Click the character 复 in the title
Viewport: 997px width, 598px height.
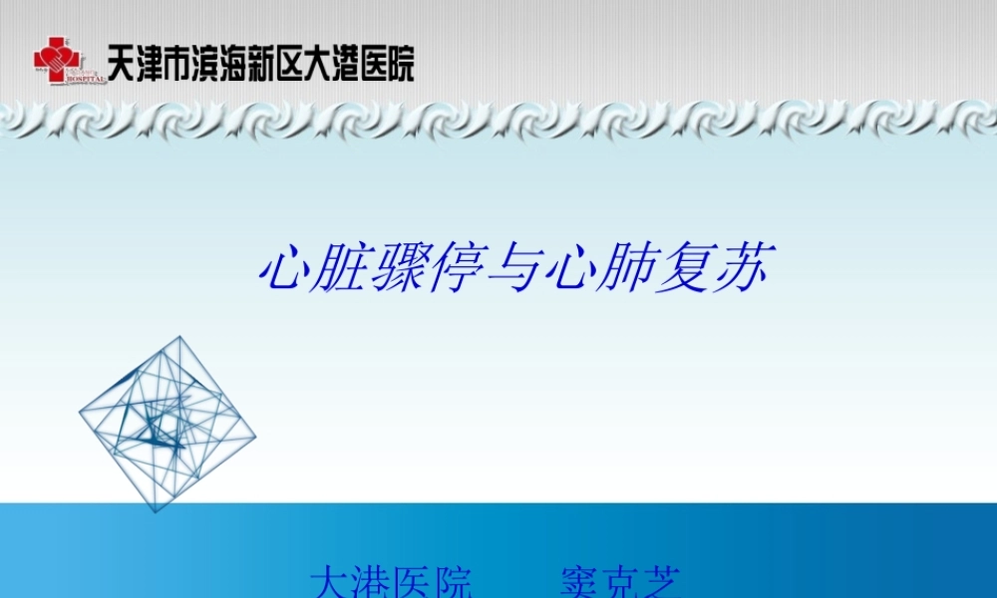(684, 268)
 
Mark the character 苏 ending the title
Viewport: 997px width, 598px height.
(740, 268)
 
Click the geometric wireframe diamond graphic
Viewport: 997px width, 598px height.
(167, 424)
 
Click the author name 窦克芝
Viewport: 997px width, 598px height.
(619, 581)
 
